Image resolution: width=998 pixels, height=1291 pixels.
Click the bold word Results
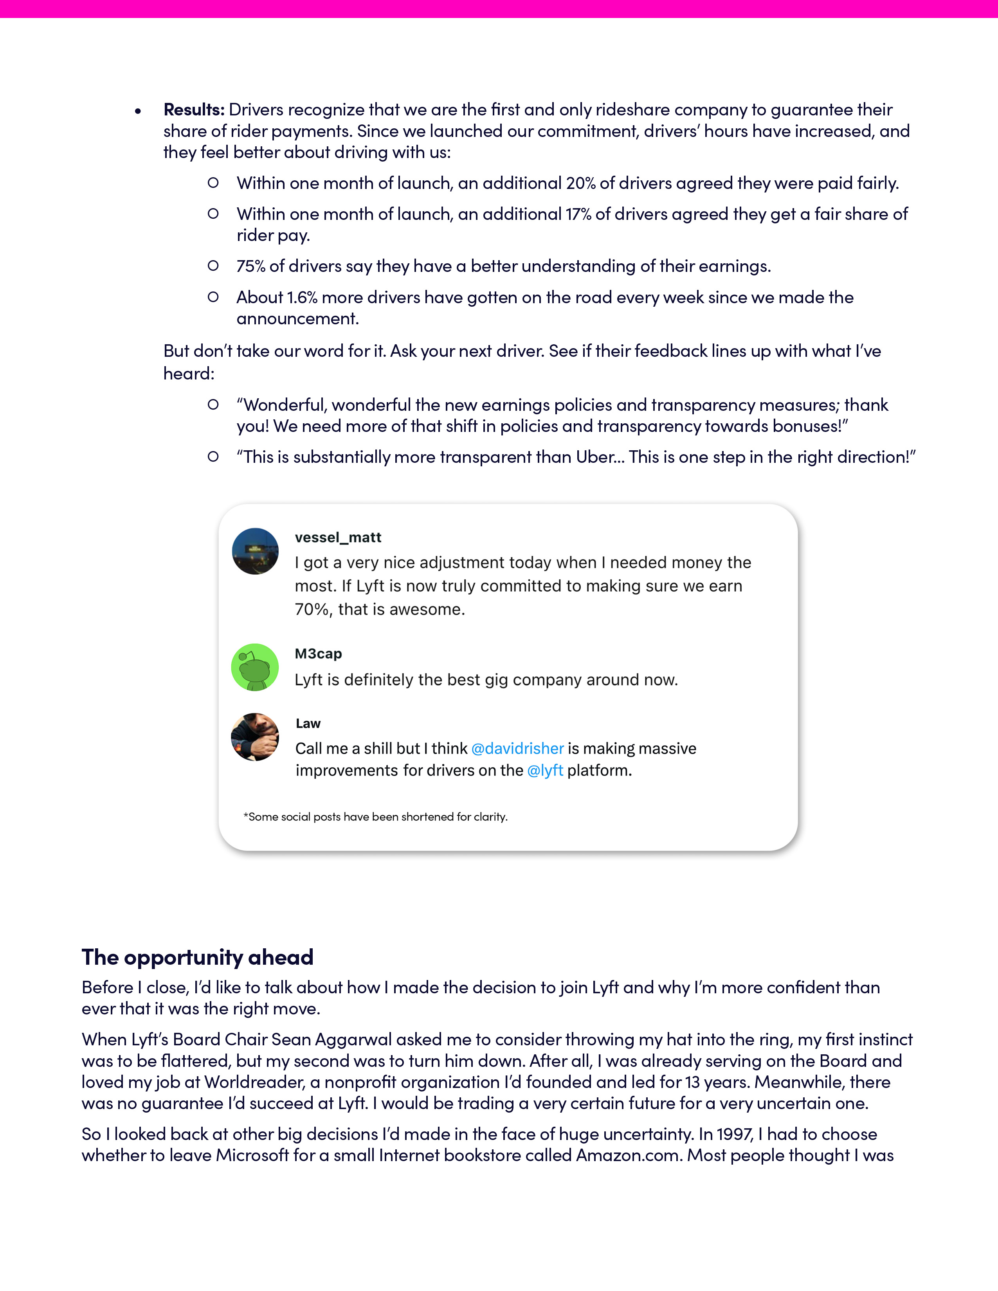pyautogui.click(x=193, y=110)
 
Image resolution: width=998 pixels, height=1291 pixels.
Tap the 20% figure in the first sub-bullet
pyautogui.click(x=580, y=183)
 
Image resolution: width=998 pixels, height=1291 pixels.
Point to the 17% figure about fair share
pyautogui.click(x=578, y=214)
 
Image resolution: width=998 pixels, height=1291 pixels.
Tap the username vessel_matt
pyautogui.click(x=338, y=537)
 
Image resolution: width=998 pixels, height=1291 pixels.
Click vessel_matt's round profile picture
pyautogui.click(x=255, y=551)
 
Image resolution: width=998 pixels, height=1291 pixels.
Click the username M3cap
pyautogui.click(x=318, y=654)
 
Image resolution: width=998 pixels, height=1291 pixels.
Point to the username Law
pyautogui.click(x=308, y=723)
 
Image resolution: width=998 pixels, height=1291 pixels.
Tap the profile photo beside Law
pyautogui.click(x=255, y=737)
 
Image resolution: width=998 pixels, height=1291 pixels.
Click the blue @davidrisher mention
pyautogui.click(x=517, y=748)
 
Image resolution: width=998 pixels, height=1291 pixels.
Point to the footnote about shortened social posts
pyautogui.click(x=375, y=817)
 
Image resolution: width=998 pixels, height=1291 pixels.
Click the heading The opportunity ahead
pyautogui.click(x=198, y=957)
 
